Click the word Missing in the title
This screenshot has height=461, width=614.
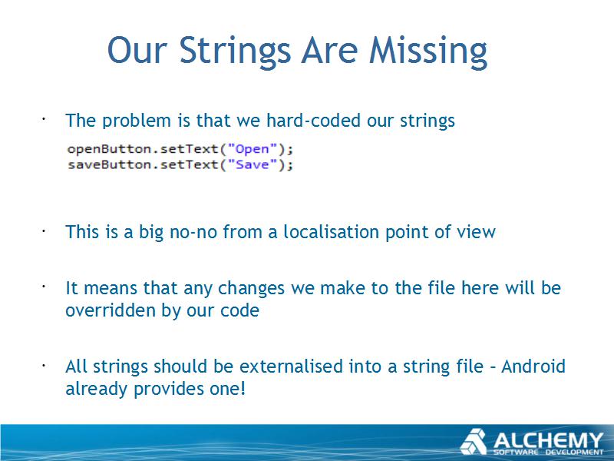(x=428, y=51)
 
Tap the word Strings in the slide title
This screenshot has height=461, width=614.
(x=235, y=51)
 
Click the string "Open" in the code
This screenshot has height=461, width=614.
(x=253, y=149)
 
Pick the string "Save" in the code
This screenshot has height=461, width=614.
(x=253, y=164)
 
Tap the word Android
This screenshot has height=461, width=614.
(x=533, y=366)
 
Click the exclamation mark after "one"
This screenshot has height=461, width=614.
(x=243, y=389)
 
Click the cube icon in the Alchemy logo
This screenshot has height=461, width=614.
(x=474, y=442)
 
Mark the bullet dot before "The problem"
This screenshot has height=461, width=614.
(x=45, y=118)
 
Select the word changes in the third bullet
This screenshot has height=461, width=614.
(x=251, y=289)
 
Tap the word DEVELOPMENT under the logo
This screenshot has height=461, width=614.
(x=575, y=453)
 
